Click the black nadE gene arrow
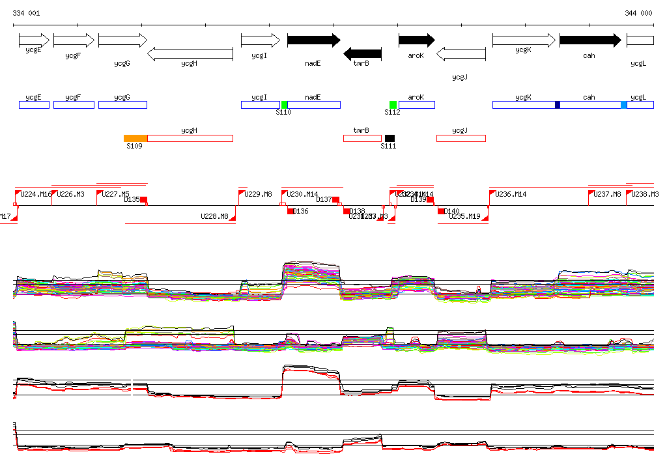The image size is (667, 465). click(x=313, y=40)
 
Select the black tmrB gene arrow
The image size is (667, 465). click(x=362, y=54)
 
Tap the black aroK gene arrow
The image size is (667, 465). click(x=416, y=40)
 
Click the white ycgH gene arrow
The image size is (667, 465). click(x=190, y=54)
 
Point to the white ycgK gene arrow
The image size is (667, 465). click(x=524, y=40)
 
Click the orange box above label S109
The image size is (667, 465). click(x=135, y=138)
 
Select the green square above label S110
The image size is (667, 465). click(x=285, y=105)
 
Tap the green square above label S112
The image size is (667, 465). click(x=393, y=105)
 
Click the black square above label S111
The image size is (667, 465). click(x=390, y=138)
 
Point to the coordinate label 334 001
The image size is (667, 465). click(x=26, y=13)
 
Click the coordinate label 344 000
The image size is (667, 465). click(x=638, y=13)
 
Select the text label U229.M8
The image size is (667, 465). click(x=258, y=194)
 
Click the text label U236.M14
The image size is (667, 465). click(x=511, y=194)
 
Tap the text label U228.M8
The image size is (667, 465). click(x=214, y=216)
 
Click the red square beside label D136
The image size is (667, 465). click(x=291, y=211)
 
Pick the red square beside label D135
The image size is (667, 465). click(x=144, y=200)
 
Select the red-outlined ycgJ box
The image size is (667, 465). click(x=461, y=138)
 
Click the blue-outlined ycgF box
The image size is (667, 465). click(x=74, y=105)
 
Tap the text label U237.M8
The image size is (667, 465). click(x=608, y=194)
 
